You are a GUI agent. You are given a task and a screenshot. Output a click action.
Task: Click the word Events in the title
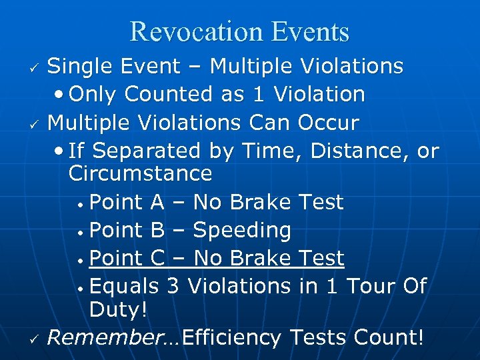tap(311, 31)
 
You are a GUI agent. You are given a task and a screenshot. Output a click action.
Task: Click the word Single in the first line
tap(81, 67)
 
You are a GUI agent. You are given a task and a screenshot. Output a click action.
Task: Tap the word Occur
tap(329, 123)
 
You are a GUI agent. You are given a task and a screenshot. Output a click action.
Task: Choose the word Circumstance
tap(140, 174)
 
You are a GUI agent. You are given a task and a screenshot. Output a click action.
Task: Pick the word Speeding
tap(242, 231)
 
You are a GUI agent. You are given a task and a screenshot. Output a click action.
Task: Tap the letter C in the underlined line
tap(158, 258)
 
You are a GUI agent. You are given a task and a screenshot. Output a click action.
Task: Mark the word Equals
tap(124, 286)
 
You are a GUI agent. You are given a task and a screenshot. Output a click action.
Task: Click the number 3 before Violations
tap(173, 286)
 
